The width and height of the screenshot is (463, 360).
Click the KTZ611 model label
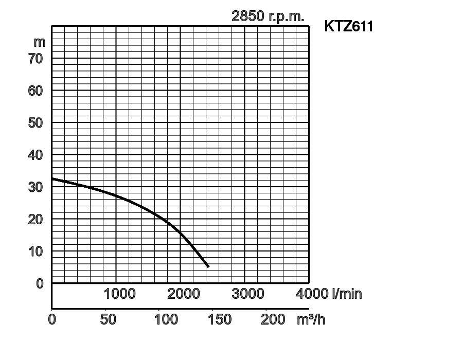click(348, 26)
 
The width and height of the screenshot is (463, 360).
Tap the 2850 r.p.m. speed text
click(268, 16)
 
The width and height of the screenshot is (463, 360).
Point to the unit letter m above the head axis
click(40, 42)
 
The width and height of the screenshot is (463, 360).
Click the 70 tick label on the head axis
click(35, 59)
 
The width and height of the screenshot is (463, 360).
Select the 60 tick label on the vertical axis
click(35, 91)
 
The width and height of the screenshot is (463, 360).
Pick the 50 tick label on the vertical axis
click(35, 123)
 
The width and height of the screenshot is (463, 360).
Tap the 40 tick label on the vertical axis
click(35, 155)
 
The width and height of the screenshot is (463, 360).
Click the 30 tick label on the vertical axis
click(35, 187)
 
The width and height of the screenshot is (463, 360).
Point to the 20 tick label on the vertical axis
click(35, 219)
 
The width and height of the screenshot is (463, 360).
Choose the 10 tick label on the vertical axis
click(35, 251)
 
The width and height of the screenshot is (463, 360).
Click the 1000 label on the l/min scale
click(119, 294)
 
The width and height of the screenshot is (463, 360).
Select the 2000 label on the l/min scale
click(184, 294)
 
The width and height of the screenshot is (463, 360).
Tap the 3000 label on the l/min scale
click(248, 294)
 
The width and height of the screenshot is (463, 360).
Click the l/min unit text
click(347, 294)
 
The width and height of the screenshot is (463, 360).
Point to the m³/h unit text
click(311, 319)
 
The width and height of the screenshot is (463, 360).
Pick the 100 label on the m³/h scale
click(166, 319)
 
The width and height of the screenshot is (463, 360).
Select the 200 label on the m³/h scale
click(273, 319)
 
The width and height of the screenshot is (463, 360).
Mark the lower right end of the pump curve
click(208, 266)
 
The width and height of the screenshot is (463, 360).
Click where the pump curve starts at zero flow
click(52, 178)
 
